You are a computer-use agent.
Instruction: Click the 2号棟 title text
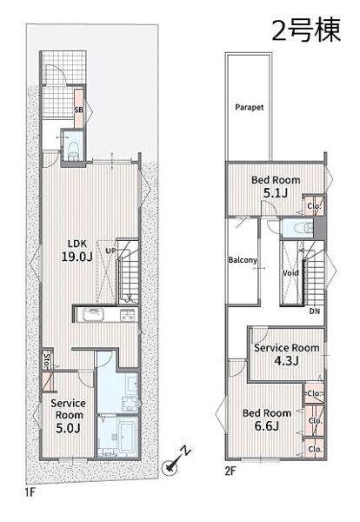point(306,30)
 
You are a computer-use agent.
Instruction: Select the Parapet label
point(250,107)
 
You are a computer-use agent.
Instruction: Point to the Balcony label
point(243,260)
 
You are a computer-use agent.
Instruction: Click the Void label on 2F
point(290,273)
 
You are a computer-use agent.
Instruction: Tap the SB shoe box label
point(79,110)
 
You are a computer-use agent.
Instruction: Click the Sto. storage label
point(47,360)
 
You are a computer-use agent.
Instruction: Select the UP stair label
point(110,251)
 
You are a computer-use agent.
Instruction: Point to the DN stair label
point(315,311)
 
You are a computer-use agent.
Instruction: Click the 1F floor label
point(30,492)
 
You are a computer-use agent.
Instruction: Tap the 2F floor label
point(230,471)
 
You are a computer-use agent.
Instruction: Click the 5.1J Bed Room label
point(276,186)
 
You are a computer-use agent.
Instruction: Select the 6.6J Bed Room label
point(266,419)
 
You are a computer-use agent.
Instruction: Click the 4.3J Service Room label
point(286,354)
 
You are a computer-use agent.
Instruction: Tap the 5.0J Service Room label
point(68,416)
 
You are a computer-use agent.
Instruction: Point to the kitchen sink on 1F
point(94,314)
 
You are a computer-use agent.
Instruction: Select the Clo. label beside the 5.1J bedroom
point(314,206)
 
